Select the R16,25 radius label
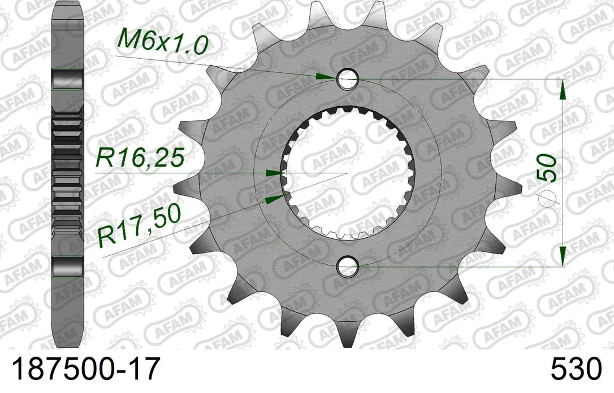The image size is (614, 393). pyautogui.click(x=140, y=158)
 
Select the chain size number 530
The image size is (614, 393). pyautogui.click(x=576, y=368)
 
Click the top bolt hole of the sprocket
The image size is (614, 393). pyautogui.click(x=347, y=78)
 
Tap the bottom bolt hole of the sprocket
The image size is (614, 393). pyautogui.click(x=347, y=267)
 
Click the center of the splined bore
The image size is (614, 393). pyautogui.click(x=347, y=172)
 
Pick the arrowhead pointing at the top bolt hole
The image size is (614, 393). pyautogui.click(x=326, y=76)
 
